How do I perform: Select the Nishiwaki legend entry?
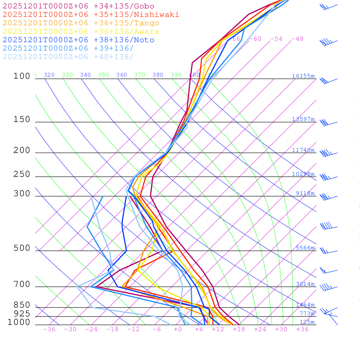[x=91, y=14]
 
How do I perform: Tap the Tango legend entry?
[x=81, y=23]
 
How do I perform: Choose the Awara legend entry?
[x=81, y=32]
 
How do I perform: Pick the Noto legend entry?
[x=78, y=40]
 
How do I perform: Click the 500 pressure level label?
[x=22, y=248]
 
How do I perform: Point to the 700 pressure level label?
[x=22, y=284]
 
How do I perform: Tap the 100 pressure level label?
[x=22, y=76]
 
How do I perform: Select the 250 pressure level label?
[x=22, y=174]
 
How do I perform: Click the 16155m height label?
[x=303, y=76]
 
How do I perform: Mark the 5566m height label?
[x=305, y=248]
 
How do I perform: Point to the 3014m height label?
[x=305, y=284]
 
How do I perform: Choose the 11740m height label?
[x=303, y=150]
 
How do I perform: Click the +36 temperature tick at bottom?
[x=302, y=329]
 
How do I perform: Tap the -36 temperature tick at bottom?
[x=49, y=329]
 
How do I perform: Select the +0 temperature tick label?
[x=178, y=329]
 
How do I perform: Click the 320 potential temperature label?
[x=49, y=75]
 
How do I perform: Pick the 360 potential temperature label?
[x=122, y=75]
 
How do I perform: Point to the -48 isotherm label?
[x=297, y=39]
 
